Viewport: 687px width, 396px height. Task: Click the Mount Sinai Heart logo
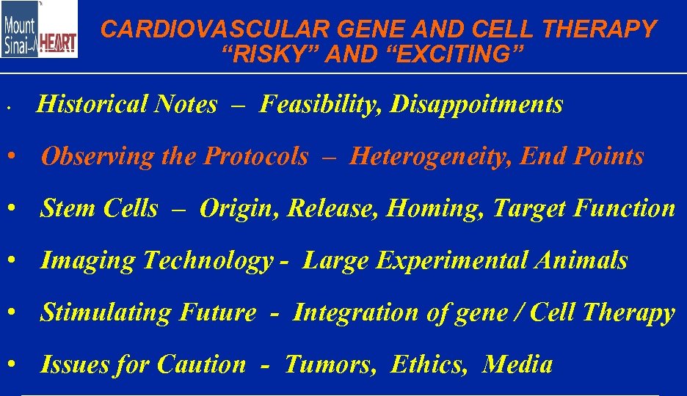click(x=39, y=29)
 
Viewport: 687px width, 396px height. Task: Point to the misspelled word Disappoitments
click(x=477, y=105)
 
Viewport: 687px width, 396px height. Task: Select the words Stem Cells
click(x=99, y=208)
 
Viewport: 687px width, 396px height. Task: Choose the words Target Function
click(x=584, y=208)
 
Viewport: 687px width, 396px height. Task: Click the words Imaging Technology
click(x=156, y=260)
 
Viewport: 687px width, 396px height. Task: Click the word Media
click(x=517, y=364)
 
